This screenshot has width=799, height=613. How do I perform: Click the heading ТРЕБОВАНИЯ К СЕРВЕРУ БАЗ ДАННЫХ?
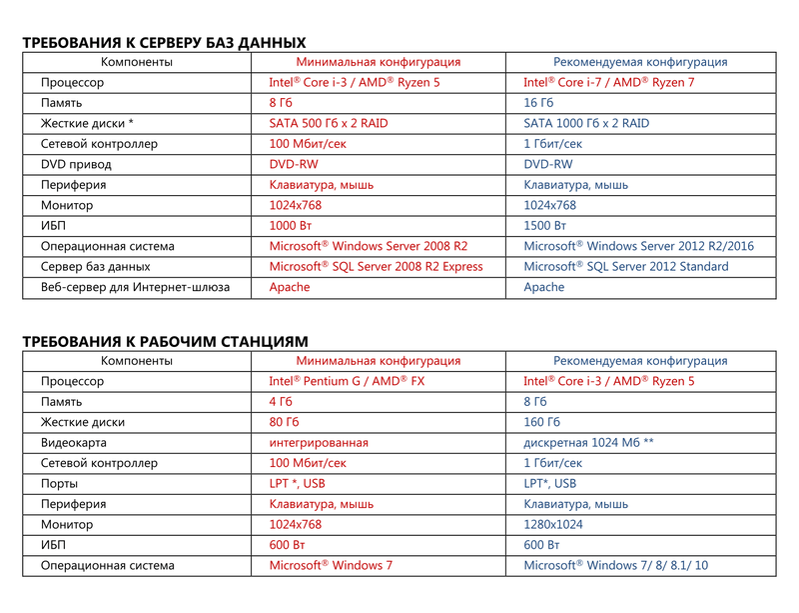point(164,43)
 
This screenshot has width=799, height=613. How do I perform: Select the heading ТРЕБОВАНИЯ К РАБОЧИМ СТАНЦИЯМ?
point(165,342)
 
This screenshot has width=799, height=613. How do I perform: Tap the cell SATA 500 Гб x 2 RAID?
point(329,124)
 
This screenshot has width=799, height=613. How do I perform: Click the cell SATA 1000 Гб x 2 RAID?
point(586,124)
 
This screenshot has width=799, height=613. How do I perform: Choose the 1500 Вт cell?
point(545,226)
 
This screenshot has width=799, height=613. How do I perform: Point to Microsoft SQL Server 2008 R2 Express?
point(376,267)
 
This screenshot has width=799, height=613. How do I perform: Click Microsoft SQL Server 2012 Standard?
point(626,267)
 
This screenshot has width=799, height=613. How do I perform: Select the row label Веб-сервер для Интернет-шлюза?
point(135,288)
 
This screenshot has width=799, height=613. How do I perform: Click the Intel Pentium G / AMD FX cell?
point(347,382)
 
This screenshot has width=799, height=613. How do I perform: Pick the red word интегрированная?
point(319,443)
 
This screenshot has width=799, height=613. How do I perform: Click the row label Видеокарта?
point(74,443)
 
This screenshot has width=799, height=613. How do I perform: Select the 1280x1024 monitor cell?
point(553,525)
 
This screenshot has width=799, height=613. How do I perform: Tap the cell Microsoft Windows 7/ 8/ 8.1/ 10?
point(616,566)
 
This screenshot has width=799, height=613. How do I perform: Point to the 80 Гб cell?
point(284,423)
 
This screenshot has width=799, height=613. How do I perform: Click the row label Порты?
point(61,484)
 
